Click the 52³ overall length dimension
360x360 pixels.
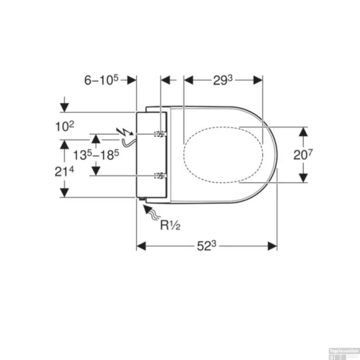pos(207,247)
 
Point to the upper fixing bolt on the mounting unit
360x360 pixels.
pos(161,135)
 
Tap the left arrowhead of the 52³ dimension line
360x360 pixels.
pos(141,246)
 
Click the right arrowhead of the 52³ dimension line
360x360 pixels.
pos(274,246)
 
